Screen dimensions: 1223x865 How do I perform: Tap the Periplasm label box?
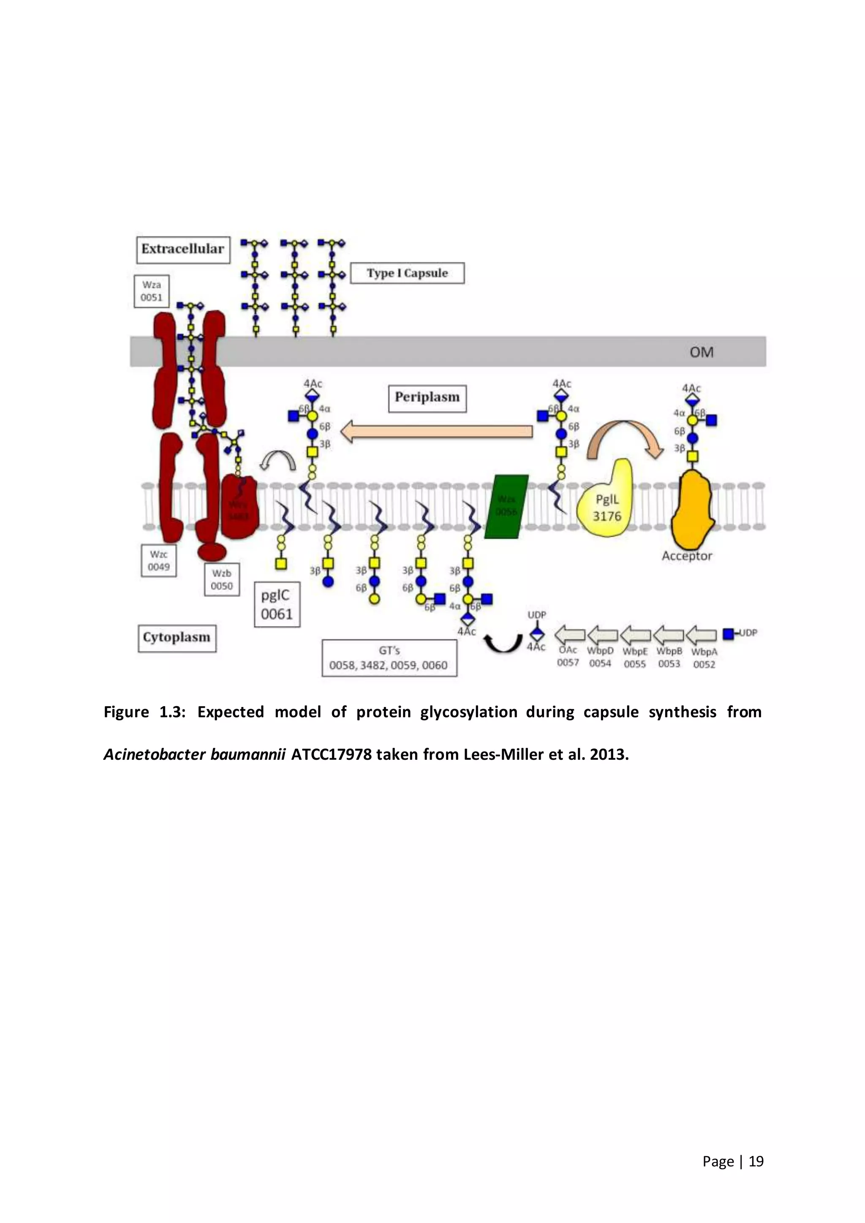point(427,398)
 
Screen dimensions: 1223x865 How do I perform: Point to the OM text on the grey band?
point(701,352)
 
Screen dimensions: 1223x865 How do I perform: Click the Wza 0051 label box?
point(151,291)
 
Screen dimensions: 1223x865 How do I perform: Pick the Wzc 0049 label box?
point(159,561)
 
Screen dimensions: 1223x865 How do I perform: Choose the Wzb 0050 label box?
point(222,579)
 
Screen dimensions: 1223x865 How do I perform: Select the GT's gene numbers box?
point(389,658)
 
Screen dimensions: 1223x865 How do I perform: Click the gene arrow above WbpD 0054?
point(602,635)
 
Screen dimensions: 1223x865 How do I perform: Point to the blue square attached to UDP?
point(728,634)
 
